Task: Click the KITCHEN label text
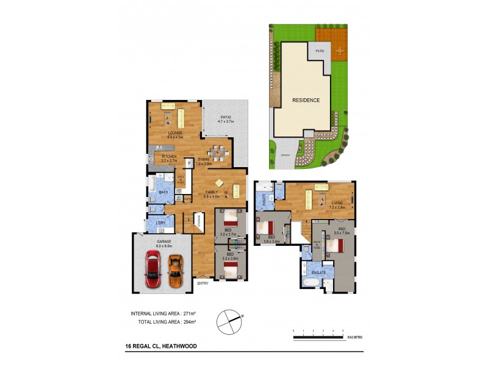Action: pos(169,157)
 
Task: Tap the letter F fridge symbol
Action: pos(190,163)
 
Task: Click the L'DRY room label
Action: pos(160,223)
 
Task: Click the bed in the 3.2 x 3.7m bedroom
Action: pos(231,218)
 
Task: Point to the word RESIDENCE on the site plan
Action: pos(306,100)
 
